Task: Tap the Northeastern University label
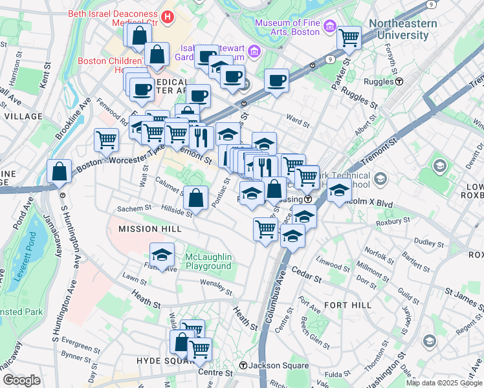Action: pos(402,29)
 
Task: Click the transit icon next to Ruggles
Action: pos(400,82)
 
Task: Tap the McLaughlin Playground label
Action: pos(208,261)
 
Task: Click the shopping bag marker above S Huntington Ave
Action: pos(59,172)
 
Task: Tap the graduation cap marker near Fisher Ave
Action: pos(162,254)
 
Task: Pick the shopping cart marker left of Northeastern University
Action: pos(349,38)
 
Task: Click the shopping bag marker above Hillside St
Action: pos(195,197)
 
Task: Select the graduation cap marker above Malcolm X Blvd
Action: pos(338,191)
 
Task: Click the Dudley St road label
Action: pos(428,242)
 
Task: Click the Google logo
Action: pos(21,380)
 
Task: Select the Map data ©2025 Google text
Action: pos(443,383)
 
